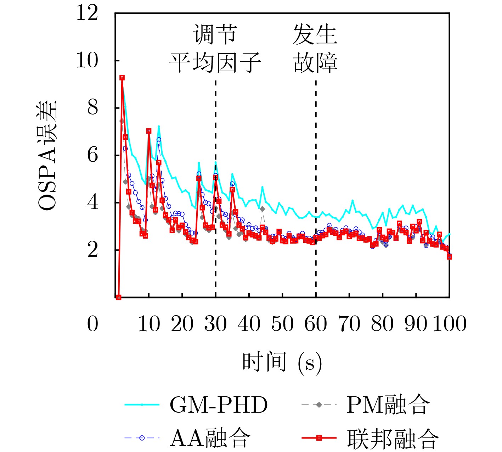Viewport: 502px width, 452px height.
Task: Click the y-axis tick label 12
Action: click(87, 13)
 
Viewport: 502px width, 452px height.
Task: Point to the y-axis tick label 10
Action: click(87, 60)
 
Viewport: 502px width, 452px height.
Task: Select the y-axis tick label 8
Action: click(92, 107)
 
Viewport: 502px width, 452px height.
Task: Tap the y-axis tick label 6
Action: click(92, 155)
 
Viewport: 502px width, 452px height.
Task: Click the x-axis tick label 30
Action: click(215, 324)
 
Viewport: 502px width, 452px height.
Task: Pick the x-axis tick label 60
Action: click(316, 324)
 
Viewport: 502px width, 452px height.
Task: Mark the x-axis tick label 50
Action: click(282, 324)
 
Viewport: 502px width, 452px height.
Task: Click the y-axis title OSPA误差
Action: click(47, 155)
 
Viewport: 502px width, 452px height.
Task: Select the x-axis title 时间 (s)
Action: click(282, 362)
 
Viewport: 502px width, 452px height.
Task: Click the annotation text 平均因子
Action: click(215, 63)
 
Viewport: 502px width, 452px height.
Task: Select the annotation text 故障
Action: click(315, 63)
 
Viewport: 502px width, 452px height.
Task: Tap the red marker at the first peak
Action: click(122, 78)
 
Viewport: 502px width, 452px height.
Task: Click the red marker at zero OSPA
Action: click(119, 297)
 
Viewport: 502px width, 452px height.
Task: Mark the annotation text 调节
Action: click(215, 35)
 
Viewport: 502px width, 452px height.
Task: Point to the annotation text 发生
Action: click(315, 35)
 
